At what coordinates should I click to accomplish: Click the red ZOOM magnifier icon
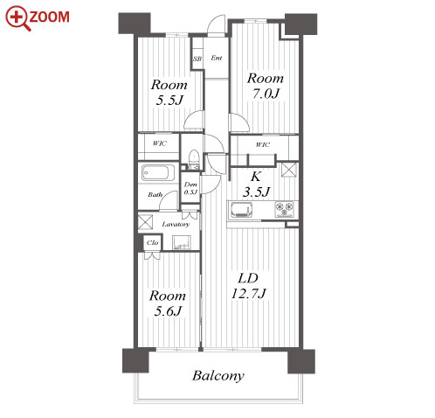click(18, 18)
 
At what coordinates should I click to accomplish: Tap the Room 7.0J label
click(265, 86)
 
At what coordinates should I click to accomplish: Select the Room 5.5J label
click(169, 93)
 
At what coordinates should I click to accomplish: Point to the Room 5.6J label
click(168, 303)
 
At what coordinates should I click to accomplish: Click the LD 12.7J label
click(248, 286)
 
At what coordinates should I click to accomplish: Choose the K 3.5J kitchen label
click(256, 185)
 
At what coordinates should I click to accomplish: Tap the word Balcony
click(218, 376)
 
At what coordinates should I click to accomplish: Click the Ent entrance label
click(217, 58)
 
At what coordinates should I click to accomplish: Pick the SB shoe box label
click(197, 59)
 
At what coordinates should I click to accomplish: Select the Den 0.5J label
click(190, 188)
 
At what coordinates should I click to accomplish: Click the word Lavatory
click(176, 224)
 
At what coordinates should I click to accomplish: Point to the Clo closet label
click(152, 242)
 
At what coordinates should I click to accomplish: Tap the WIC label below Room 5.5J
click(160, 143)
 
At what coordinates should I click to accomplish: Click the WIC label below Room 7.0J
click(263, 144)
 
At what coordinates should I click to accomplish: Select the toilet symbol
click(193, 159)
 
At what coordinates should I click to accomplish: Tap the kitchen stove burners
click(284, 209)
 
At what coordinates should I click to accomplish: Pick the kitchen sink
click(241, 210)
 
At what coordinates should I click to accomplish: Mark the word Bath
click(155, 195)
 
